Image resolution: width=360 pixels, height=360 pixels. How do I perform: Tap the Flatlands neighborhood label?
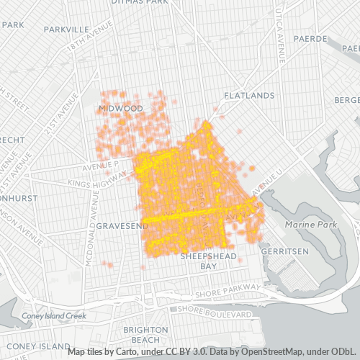point(248,95)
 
